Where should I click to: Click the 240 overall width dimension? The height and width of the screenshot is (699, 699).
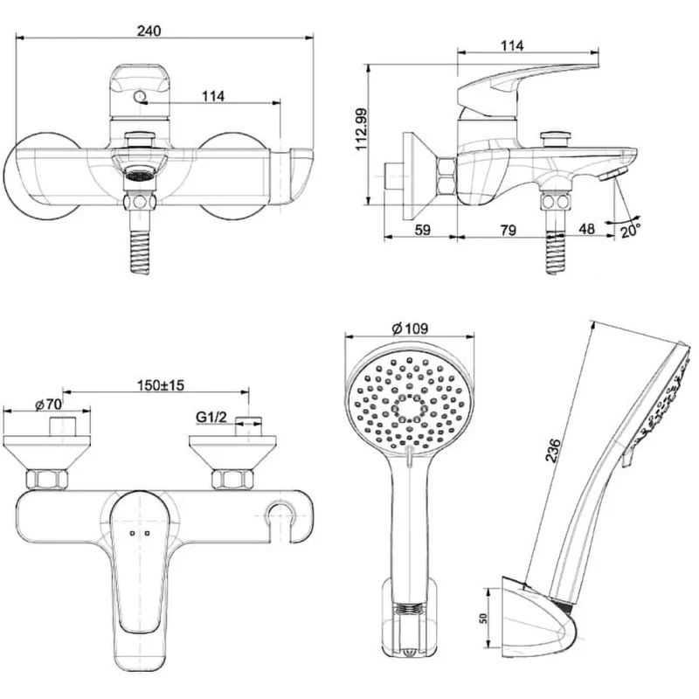click(149, 31)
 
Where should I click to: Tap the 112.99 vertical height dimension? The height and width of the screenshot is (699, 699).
click(362, 129)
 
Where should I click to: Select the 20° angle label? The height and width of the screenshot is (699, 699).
click(631, 231)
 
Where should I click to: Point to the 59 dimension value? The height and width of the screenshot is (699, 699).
click(423, 230)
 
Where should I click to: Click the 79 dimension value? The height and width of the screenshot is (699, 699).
click(509, 231)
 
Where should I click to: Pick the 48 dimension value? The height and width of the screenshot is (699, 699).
click(586, 229)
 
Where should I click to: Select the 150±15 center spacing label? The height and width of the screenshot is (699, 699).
click(161, 385)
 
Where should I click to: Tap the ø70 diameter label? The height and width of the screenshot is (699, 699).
click(48, 405)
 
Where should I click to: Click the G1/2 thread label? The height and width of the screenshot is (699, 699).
click(211, 418)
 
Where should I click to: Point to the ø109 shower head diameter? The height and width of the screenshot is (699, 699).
click(410, 329)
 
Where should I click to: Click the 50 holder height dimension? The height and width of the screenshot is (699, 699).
click(483, 618)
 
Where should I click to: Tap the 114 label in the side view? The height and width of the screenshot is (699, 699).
click(512, 45)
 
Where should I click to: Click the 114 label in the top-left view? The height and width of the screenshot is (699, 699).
click(213, 96)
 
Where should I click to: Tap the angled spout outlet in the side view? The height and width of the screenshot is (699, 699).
click(613, 174)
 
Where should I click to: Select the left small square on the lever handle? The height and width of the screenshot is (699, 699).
click(132, 533)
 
